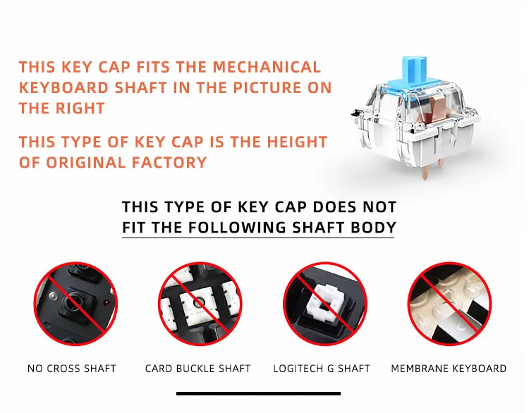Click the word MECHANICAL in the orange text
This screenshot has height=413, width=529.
pyautogui.click(x=267, y=67)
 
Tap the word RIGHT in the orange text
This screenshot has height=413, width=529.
pyautogui.click(x=80, y=109)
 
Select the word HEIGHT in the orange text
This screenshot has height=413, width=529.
pyautogui.click(x=297, y=142)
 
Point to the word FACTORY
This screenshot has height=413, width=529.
pyautogui.click(x=169, y=163)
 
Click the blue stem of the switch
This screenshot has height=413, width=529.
pyautogui.click(x=413, y=73)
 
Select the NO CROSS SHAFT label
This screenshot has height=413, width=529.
pyautogui.click(x=71, y=369)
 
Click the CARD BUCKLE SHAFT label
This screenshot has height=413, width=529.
pyautogui.click(x=198, y=369)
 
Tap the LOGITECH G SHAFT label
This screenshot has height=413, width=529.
pyautogui.click(x=322, y=369)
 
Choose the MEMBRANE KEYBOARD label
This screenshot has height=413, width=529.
pyautogui.click(x=449, y=369)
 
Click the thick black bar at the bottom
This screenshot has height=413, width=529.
pyautogui.click(x=258, y=393)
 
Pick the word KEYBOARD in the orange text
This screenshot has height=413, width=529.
pyautogui.click(x=63, y=87)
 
